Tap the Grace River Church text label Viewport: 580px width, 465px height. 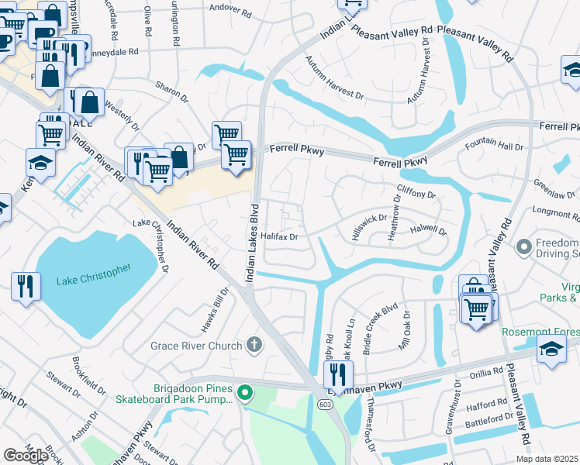196,345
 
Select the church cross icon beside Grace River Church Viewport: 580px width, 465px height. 254,344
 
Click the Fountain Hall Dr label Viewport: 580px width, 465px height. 494,146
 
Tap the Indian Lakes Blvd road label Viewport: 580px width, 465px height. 252,240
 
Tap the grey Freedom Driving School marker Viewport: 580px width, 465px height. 525,247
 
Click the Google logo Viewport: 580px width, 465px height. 26,455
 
